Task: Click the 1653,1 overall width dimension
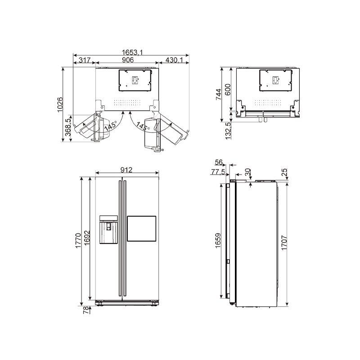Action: point(132,52)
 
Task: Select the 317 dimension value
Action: point(85,60)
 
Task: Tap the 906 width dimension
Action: point(128,60)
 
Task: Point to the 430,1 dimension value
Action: point(174,60)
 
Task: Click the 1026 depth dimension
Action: point(60,105)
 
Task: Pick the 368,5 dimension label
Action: point(68,127)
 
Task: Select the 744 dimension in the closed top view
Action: point(218,94)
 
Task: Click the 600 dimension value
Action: point(227,90)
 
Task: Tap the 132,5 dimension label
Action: point(228,131)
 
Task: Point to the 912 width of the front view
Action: point(126,170)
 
